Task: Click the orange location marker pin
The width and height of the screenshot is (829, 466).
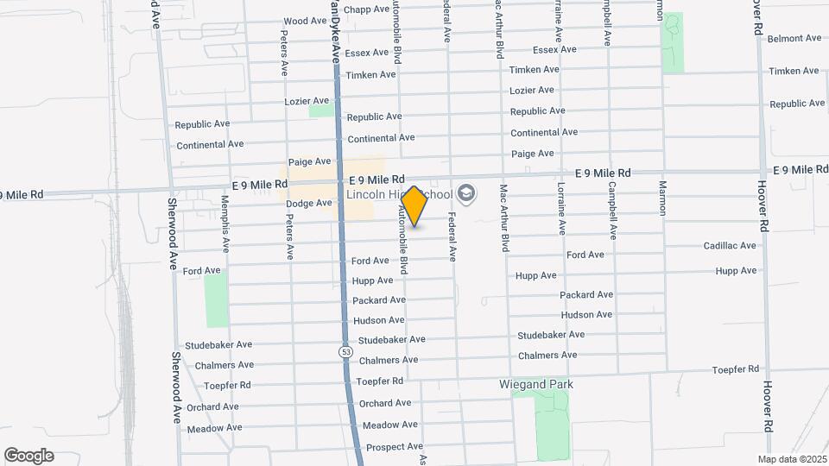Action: coord(414,205)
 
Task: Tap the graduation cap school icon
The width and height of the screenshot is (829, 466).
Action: coord(467,192)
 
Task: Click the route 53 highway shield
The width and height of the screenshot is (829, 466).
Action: coord(345,352)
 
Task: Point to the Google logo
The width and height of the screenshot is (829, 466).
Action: coord(28,455)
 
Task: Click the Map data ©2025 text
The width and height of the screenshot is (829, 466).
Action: coord(792,459)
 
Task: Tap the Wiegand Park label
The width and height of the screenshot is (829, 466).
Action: coord(536,384)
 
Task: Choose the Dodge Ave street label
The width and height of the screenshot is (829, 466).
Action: coord(309,204)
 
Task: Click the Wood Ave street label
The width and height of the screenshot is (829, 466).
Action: coord(305,21)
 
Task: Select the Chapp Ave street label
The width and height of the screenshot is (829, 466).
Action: coord(367,9)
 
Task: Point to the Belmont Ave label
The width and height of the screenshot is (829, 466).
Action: coord(794,39)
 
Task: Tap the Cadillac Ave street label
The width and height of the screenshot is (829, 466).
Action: coord(730,246)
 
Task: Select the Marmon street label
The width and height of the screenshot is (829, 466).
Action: coord(663,198)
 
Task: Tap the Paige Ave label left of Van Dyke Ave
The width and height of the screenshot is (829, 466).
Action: coord(310,161)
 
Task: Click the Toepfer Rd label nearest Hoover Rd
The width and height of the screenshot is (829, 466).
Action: coord(735,369)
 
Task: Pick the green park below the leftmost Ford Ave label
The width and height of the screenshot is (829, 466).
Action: coord(217,300)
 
